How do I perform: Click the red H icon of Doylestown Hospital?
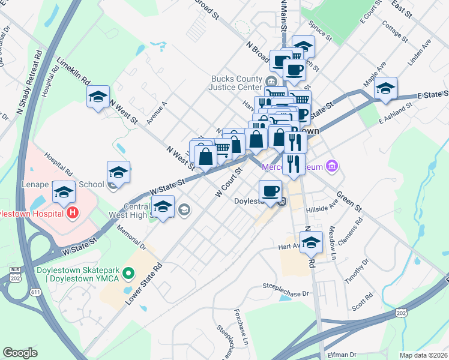[x=73, y=212]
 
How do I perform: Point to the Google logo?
[x=20, y=353]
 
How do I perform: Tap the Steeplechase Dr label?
[x=288, y=294]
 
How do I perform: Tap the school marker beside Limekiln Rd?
[x=98, y=97]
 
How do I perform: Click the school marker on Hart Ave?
[x=311, y=242]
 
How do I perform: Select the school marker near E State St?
[x=385, y=88]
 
